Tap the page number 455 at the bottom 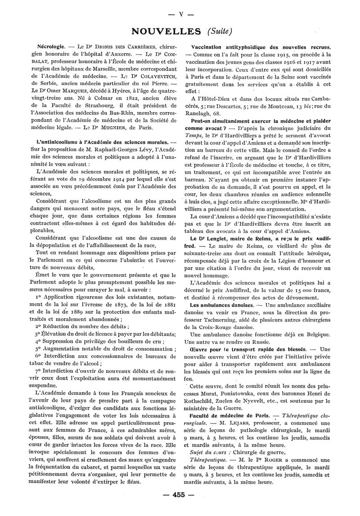pos(180,494)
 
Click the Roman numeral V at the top pos(180,14)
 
